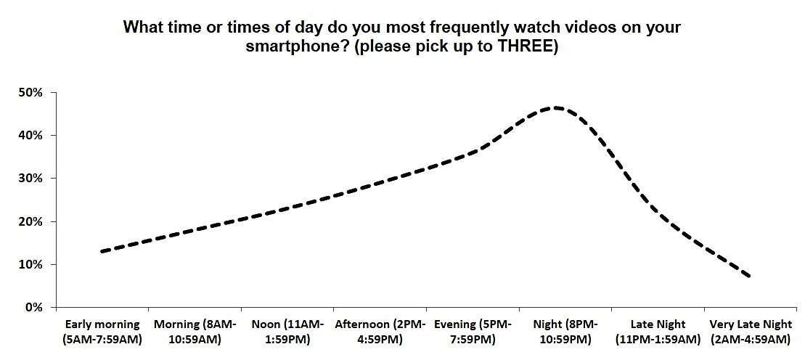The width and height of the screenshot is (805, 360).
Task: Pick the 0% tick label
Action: coord(34,308)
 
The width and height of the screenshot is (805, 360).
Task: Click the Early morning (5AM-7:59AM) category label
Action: coord(102,332)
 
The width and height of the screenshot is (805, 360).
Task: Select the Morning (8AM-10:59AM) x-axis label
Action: coord(195,332)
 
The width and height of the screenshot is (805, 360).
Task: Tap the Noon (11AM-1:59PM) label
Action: coord(287,332)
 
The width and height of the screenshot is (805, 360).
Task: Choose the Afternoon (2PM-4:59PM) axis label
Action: coord(380,332)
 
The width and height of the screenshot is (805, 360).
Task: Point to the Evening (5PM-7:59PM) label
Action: coord(473,332)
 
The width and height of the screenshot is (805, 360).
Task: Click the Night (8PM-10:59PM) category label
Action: coord(565,332)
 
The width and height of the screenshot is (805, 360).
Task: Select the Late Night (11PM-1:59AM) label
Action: coord(658,332)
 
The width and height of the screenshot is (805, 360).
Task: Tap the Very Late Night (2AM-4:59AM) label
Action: coord(750,332)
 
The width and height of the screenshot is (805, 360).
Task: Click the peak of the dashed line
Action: coord(555,108)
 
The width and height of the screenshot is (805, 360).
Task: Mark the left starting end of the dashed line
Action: coord(102,252)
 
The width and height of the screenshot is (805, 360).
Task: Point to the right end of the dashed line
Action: coord(750,277)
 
